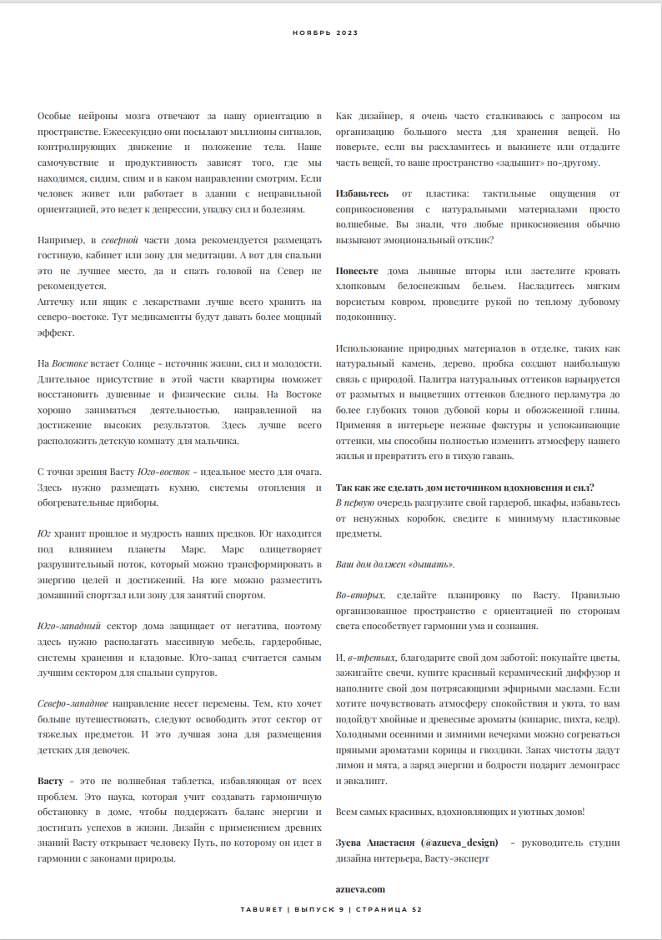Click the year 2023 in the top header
click(x=347, y=32)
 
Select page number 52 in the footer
click(x=417, y=909)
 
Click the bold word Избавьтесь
click(x=363, y=193)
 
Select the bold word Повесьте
click(x=357, y=272)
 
